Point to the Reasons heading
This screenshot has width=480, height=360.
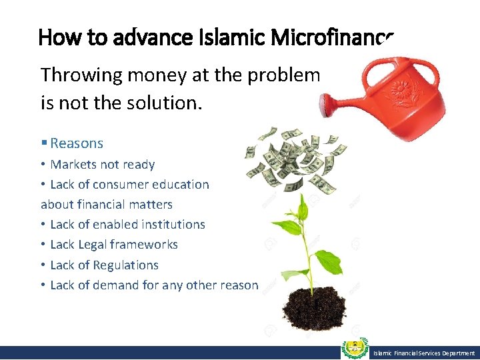pyautogui.click(x=76, y=143)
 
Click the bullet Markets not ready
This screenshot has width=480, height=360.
pyautogui.click(x=102, y=165)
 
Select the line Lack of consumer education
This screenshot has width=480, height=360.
pyautogui.click(x=129, y=185)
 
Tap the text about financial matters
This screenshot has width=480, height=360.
pyautogui.click(x=107, y=205)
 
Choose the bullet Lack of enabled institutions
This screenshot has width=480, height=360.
pyautogui.click(x=127, y=225)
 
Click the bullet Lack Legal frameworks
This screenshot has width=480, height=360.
pyautogui.click(x=114, y=245)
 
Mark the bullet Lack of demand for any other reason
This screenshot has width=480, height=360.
pyautogui.click(x=154, y=285)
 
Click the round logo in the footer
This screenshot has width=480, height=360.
pyautogui.click(x=355, y=350)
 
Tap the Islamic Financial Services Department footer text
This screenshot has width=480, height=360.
pyautogui.click(x=423, y=353)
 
